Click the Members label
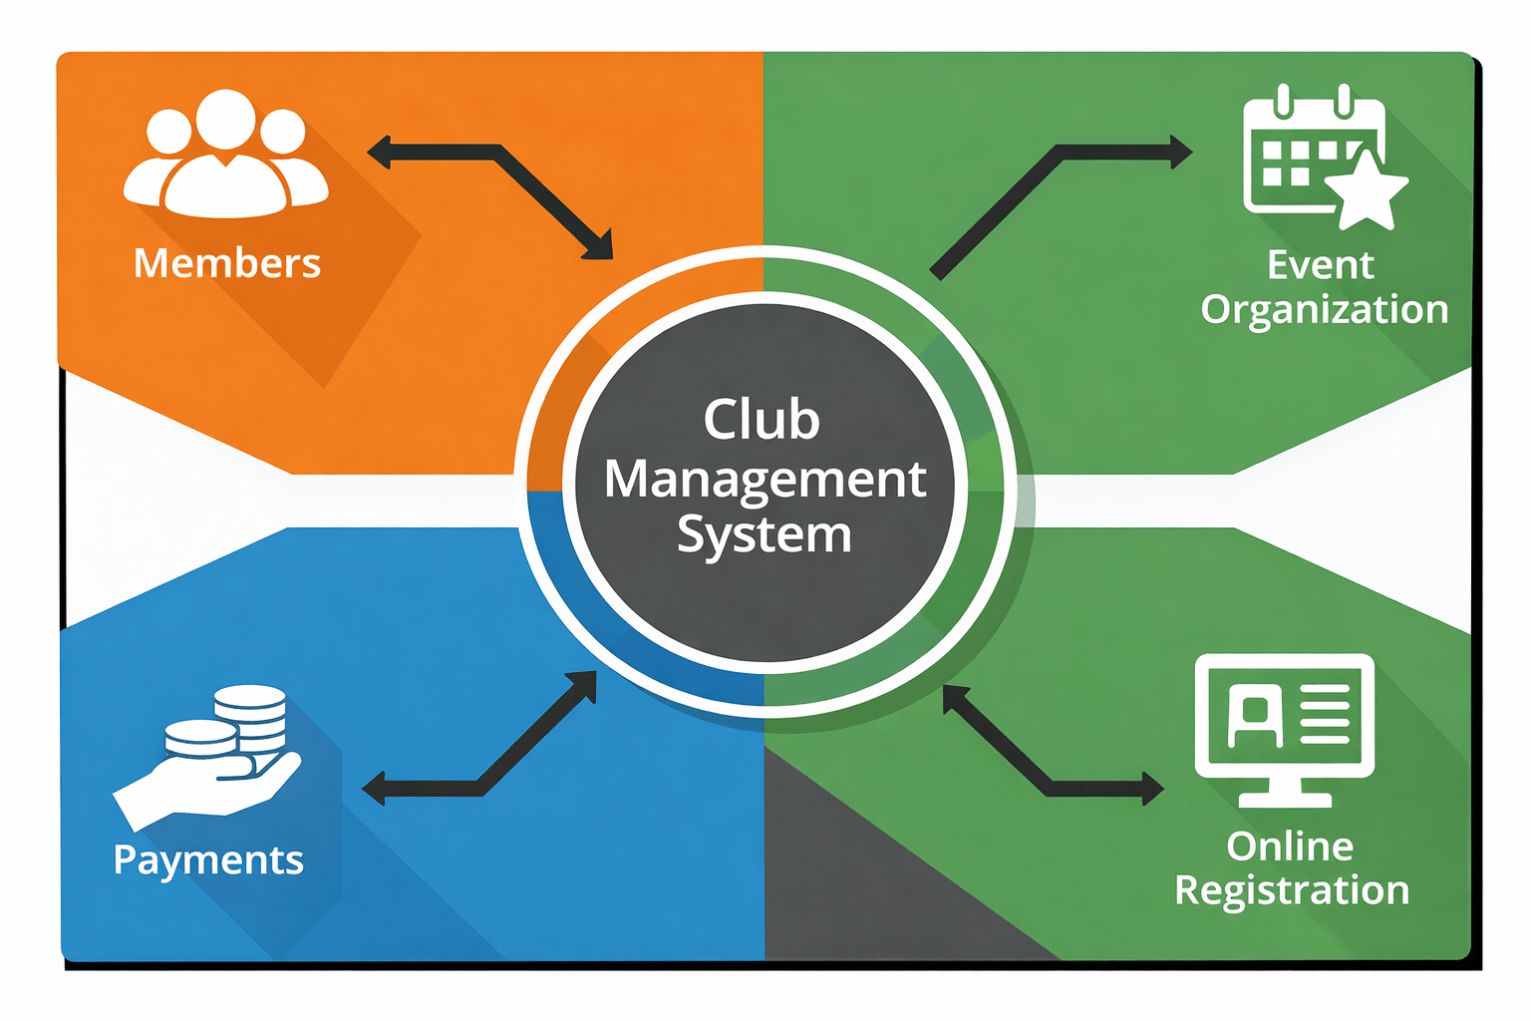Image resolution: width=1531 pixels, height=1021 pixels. tap(227, 263)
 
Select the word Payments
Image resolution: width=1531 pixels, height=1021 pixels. tap(208, 859)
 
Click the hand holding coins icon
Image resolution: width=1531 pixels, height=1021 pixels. tap(209, 758)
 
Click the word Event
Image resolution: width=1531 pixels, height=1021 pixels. tap(1320, 265)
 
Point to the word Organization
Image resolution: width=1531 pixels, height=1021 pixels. tap(1324, 310)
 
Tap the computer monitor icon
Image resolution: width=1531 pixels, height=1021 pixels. tap(1285, 728)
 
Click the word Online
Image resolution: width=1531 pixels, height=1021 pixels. tap(1290, 847)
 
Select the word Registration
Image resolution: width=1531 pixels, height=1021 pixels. tap(1292, 890)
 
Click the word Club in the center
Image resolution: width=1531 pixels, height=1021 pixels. tap(762, 420)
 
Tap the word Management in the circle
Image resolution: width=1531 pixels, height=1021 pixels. tap(765, 480)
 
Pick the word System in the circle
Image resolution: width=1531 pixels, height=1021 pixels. tap(765, 535)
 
